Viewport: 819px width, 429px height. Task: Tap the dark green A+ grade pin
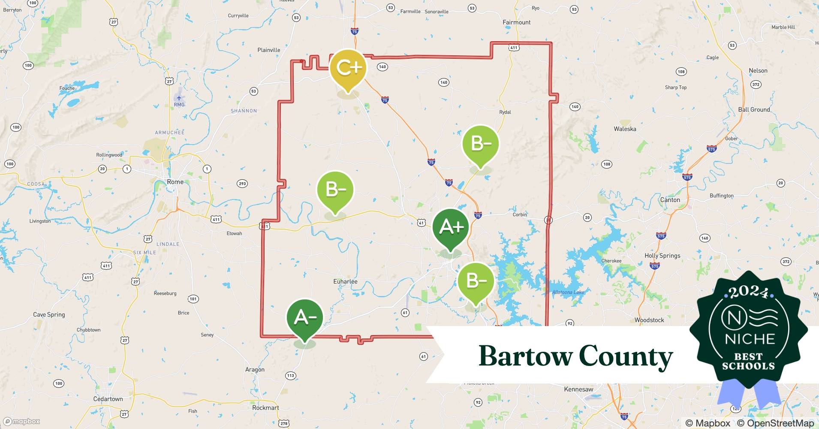[450, 227]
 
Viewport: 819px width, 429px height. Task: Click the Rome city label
[175, 182]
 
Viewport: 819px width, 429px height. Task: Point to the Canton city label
[670, 200]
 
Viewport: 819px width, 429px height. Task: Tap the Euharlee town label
[345, 281]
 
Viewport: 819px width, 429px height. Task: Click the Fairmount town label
[516, 22]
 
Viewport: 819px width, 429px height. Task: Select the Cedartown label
[108, 399]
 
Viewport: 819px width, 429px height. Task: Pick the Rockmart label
[265, 408]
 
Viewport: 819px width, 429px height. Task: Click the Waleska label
[625, 129]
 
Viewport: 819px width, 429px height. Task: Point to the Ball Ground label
[754, 109]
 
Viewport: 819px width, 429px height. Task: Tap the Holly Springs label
[662, 256]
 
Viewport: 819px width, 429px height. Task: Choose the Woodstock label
[649, 320]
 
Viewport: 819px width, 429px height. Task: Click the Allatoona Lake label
[568, 292]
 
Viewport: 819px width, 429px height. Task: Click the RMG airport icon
[179, 98]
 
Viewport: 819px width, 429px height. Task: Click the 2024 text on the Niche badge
[748, 293]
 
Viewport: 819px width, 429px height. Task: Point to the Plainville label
[269, 50]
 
